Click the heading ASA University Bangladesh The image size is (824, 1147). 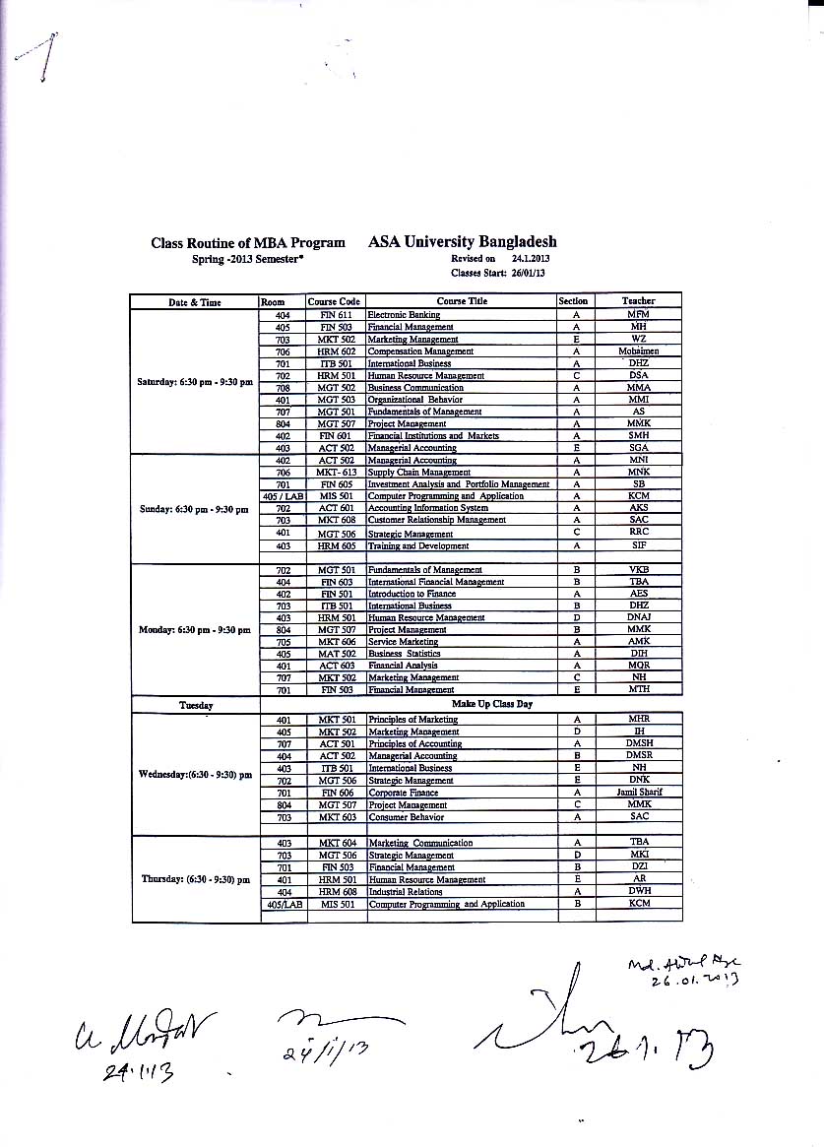462,241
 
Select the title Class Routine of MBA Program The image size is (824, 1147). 248,242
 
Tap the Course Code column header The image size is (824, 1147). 335,301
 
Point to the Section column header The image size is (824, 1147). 573,301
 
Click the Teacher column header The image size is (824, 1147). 638,301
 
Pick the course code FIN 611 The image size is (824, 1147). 336,314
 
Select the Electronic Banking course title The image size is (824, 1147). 404,314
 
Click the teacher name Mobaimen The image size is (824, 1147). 638,350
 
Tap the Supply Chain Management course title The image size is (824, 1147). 418,473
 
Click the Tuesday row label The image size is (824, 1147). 196,706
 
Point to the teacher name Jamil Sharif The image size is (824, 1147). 639,793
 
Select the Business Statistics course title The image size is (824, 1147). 404,654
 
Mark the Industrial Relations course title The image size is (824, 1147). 405,892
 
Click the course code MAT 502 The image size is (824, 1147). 336,654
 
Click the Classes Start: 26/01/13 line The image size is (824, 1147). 497,272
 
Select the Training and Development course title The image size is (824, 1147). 417,545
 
